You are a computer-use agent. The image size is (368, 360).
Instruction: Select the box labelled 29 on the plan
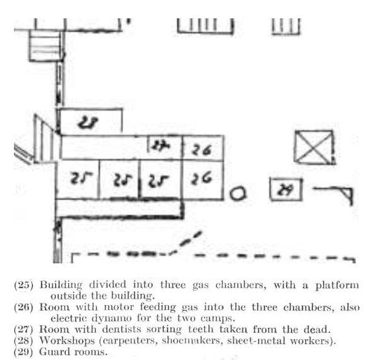pyautogui.click(x=285, y=189)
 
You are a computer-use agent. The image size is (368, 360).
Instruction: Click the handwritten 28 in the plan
pyautogui.click(x=88, y=123)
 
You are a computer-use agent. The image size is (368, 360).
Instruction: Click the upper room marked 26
pyautogui.click(x=203, y=148)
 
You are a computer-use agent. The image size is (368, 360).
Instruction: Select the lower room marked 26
pyautogui.click(x=203, y=180)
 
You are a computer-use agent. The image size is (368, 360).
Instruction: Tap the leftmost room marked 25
pyautogui.click(x=78, y=179)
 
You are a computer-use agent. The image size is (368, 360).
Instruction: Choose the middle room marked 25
pyautogui.click(x=119, y=179)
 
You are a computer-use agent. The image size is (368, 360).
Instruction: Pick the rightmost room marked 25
pyautogui.click(x=161, y=179)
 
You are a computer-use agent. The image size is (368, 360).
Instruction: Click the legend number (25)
pyautogui.click(x=24, y=285)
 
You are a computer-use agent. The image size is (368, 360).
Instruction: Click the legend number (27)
pyautogui.click(x=23, y=329)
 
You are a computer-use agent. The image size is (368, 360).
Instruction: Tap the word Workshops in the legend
pyautogui.click(x=67, y=340)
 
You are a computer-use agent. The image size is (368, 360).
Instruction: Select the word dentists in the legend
pyautogui.click(x=122, y=329)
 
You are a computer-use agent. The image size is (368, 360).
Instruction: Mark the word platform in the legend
pyautogui.click(x=337, y=285)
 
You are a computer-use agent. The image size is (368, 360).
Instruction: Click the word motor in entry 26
pyautogui.click(x=119, y=307)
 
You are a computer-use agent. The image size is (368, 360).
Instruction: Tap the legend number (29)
pyautogui.click(x=23, y=352)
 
